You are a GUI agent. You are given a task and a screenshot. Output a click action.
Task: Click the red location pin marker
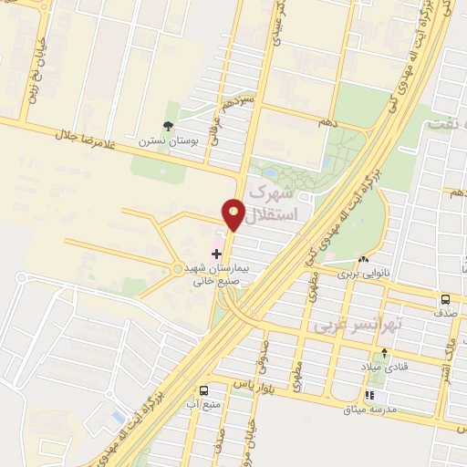tap(233, 214)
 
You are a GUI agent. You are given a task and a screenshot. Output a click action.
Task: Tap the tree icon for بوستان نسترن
tap(168, 127)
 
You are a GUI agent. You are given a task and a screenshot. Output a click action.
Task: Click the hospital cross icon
tap(216, 252)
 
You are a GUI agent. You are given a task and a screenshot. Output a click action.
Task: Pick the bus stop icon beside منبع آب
tap(216, 388)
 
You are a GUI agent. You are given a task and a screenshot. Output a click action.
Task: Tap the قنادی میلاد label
tap(385, 366)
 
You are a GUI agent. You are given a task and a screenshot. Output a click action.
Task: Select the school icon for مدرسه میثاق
tap(370, 396)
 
